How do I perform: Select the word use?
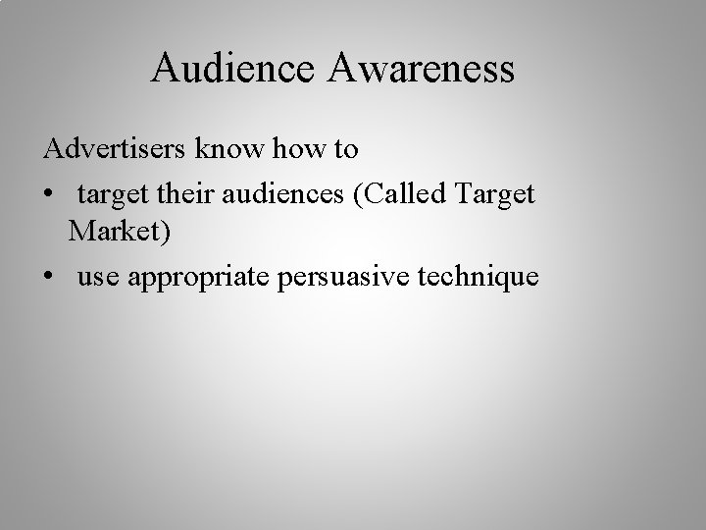point(97,279)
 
